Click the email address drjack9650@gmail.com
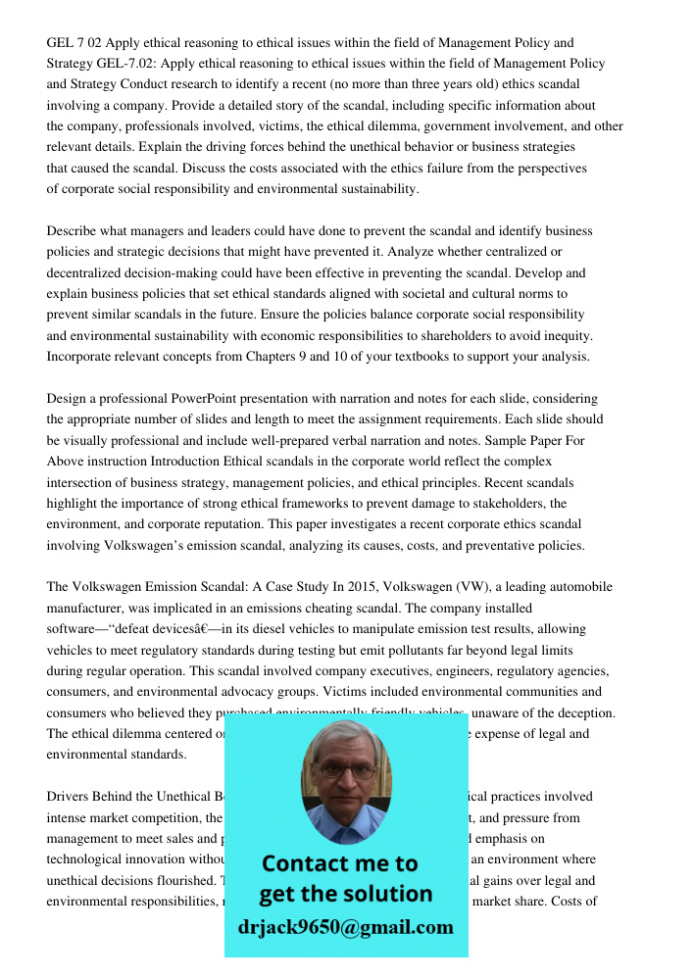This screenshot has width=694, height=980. point(345,927)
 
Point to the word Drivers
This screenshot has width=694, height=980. point(70,797)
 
